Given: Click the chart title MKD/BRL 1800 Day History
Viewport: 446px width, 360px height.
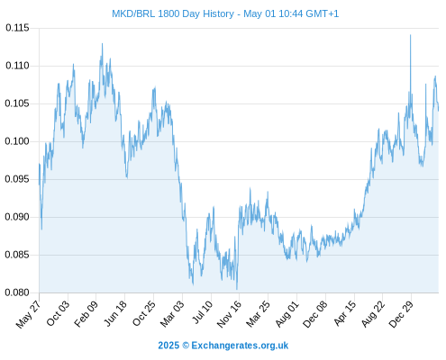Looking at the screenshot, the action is click(x=173, y=13).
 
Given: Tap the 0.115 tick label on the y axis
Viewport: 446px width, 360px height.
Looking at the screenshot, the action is click(x=17, y=28).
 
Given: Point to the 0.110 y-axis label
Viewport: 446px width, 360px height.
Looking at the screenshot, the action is click(x=17, y=66).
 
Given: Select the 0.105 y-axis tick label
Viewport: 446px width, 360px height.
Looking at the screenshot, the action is click(x=17, y=103).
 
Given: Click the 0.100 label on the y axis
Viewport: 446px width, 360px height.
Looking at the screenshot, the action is click(x=17, y=141).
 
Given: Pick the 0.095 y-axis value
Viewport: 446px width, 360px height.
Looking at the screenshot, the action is click(x=17, y=179).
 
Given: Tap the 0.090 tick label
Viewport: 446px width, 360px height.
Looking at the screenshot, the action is click(x=17, y=217).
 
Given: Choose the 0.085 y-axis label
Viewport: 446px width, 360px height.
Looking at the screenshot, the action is click(x=17, y=255).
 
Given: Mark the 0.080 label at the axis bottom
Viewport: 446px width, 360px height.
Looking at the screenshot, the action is click(x=17, y=292).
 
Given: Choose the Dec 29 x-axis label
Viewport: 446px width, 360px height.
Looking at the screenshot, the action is click(x=401, y=314).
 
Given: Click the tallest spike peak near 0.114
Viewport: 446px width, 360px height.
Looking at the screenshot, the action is click(x=411, y=35).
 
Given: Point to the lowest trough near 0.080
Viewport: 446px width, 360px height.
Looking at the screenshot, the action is click(x=237, y=289).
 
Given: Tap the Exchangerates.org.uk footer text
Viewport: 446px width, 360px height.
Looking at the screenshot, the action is click(x=240, y=346).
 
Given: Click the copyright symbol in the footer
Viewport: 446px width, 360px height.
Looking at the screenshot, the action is click(x=186, y=346).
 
